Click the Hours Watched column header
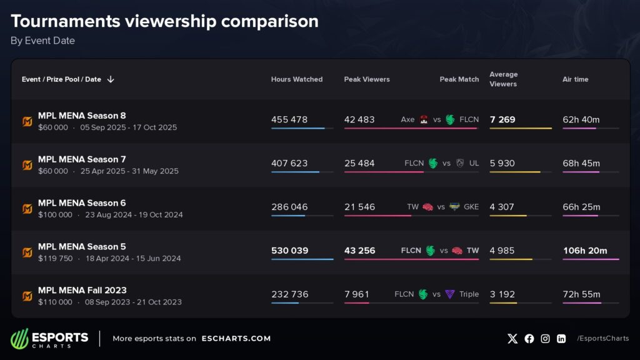pyautogui.click(x=297, y=79)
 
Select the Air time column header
pyautogui.click(x=575, y=79)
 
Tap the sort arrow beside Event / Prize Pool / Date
pyautogui.click(x=111, y=79)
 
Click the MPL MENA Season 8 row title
pyautogui.click(x=82, y=116)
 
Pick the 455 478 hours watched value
pyautogui.click(x=289, y=119)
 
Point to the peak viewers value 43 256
pyautogui.click(x=359, y=251)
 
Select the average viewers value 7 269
pyautogui.click(x=502, y=119)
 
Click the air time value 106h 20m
pyautogui.click(x=585, y=251)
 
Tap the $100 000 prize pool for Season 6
pyautogui.click(x=55, y=215)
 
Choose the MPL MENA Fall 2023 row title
pyautogui.click(x=82, y=290)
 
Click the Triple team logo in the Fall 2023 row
pyautogui.click(x=450, y=294)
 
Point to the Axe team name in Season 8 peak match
pyautogui.click(x=407, y=119)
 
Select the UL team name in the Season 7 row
pyautogui.click(x=474, y=163)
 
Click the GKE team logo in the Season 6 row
pyautogui.click(x=454, y=207)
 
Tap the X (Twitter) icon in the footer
pyautogui.click(x=512, y=339)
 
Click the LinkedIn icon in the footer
pyautogui.click(x=561, y=339)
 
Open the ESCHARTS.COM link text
pyautogui.click(x=236, y=339)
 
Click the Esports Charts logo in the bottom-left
pyautogui.click(x=49, y=339)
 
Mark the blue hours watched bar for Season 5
pyautogui.click(x=302, y=259)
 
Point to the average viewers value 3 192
pyautogui.click(x=502, y=294)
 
